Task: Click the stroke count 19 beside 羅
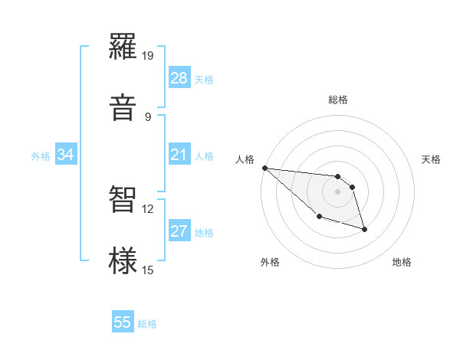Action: click(x=148, y=55)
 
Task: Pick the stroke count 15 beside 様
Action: click(x=148, y=270)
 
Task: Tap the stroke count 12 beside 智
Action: click(x=148, y=208)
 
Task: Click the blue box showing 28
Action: click(x=179, y=78)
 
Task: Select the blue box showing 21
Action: click(x=179, y=155)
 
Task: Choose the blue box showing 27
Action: click(x=179, y=232)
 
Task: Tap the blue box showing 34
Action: click(x=66, y=155)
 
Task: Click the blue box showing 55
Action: click(x=123, y=323)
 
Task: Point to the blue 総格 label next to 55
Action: click(x=147, y=324)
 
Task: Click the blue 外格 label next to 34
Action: click(x=41, y=156)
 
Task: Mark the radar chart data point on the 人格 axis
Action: click(x=264, y=168)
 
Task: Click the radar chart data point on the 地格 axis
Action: click(x=364, y=229)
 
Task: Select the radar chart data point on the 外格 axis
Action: click(x=319, y=217)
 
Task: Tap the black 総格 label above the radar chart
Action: click(x=338, y=100)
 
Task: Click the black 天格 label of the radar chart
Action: click(x=432, y=159)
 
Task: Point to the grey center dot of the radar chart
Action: click(x=338, y=191)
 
